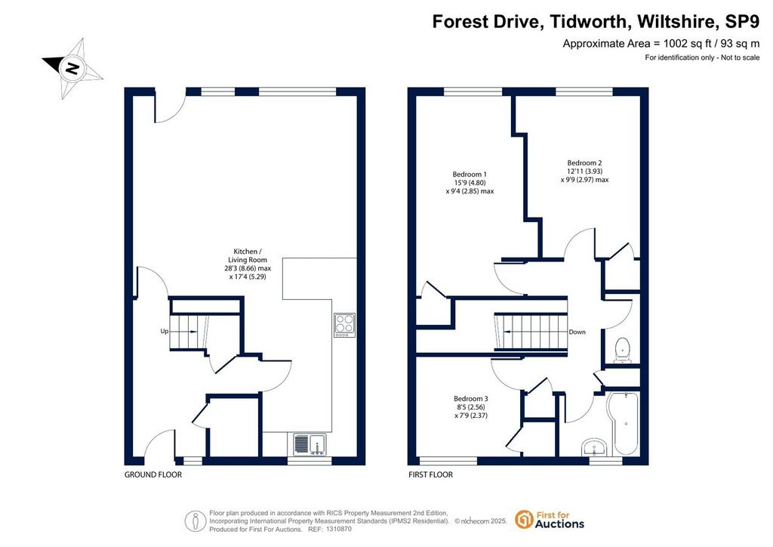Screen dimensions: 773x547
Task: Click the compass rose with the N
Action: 73,68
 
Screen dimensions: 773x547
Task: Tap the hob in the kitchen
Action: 344,326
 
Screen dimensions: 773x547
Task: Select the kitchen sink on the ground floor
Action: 310,444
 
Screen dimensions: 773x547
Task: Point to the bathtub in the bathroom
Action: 623,424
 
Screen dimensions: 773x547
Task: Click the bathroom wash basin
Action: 596,447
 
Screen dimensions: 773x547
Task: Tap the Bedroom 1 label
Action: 470,183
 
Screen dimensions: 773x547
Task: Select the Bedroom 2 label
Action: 585,172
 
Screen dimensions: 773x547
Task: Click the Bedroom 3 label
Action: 471,407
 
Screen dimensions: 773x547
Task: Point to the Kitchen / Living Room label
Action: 248,264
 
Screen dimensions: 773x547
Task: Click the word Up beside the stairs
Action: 164,331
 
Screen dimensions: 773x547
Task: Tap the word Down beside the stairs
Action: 577,332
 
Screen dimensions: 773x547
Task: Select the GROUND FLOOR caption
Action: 152,474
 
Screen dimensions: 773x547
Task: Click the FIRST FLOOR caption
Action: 430,474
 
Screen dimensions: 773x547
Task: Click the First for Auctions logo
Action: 550,520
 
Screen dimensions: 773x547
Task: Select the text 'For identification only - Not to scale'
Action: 703,57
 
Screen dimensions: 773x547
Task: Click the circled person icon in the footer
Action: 196,521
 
